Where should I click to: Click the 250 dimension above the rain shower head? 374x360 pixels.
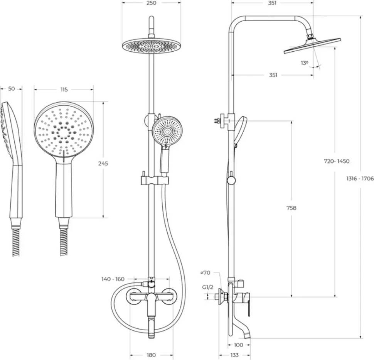[x=152, y=3]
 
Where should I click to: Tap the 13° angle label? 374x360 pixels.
[x=304, y=63]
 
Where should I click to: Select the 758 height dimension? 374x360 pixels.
[x=291, y=208]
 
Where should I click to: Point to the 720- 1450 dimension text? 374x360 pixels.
[x=337, y=161]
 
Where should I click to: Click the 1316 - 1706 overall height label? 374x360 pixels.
[x=360, y=178]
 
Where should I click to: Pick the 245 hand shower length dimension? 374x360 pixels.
[x=103, y=164]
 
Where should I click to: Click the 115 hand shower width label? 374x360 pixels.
[x=64, y=90]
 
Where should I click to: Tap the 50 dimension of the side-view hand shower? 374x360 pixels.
[x=12, y=89]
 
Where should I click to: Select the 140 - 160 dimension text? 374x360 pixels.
[x=113, y=279]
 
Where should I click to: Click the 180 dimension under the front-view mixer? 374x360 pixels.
[x=151, y=355]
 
